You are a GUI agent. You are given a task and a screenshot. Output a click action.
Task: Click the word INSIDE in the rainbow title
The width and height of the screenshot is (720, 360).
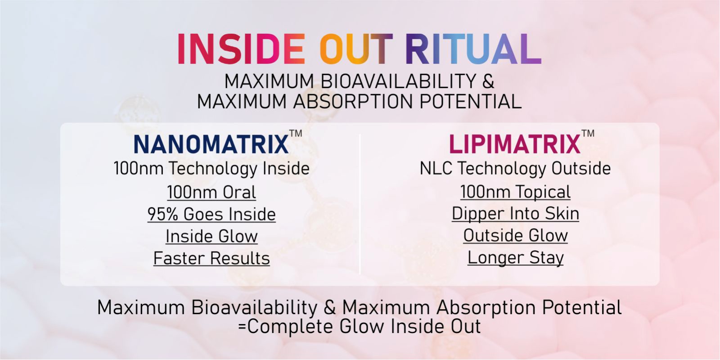[x=241, y=49]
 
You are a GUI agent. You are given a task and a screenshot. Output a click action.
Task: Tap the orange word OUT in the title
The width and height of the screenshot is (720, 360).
[x=356, y=49]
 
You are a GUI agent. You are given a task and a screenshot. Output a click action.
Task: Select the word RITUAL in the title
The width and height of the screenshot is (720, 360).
[x=473, y=49]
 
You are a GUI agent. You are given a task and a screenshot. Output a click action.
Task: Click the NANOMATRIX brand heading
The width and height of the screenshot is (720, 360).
[x=211, y=144]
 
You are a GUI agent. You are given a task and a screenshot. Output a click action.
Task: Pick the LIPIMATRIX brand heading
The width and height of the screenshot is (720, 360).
[x=515, y=144]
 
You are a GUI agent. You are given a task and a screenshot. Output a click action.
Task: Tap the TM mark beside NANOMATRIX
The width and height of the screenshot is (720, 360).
[x=296, y=133]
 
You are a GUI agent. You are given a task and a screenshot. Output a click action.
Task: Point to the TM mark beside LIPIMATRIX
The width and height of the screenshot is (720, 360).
[x=588, y=133]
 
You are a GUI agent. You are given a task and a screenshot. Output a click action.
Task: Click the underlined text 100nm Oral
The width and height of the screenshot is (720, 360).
[x=211, y=192]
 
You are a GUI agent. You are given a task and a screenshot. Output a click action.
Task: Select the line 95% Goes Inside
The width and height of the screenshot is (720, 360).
[x=211, y=214]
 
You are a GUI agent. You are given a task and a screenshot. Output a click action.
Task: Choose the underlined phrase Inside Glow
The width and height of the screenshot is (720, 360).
[x=211, y=236]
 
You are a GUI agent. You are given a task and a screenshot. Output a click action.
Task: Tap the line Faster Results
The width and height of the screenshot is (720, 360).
[x=211, y=258]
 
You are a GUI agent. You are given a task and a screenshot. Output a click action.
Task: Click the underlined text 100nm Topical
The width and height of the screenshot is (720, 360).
[x=515, y=192]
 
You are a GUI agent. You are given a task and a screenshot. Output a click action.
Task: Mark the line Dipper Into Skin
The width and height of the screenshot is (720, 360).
[x=515, y=214]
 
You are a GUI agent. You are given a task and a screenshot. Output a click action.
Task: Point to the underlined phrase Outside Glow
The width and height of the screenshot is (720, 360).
[x=515, y=235]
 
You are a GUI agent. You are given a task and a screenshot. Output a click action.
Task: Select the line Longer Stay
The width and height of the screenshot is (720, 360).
[x=515, y=257]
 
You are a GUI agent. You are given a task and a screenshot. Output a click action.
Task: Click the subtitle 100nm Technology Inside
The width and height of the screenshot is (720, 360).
[x=211, y=168]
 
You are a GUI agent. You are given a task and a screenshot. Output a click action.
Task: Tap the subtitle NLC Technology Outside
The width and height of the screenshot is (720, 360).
[x=515, y=168]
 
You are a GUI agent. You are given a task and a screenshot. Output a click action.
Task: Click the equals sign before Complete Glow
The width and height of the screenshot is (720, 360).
[x=242, y=327]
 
